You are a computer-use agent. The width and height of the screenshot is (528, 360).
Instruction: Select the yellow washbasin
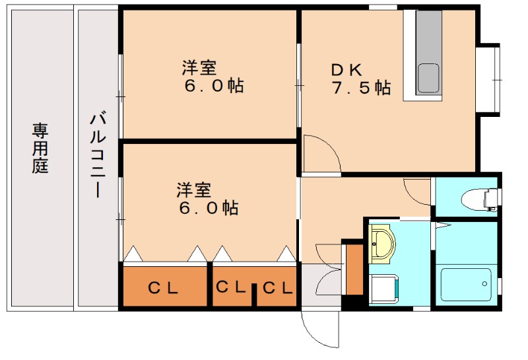381,244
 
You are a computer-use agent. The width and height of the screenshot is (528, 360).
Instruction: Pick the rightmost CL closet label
278,288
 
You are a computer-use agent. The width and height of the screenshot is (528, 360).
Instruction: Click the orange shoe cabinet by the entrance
354,269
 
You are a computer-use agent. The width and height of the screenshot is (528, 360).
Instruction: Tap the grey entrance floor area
321,285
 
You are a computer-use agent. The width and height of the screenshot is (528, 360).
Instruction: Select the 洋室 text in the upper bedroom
199,67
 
